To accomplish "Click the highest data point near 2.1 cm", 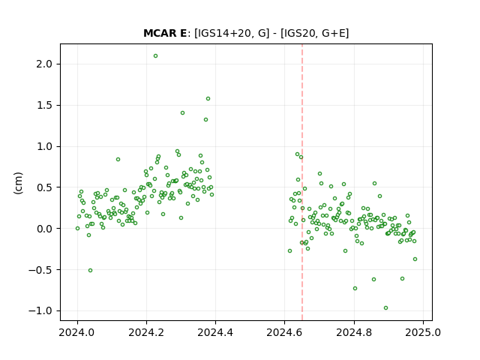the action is (x=155, y=56).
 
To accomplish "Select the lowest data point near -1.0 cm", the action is (x=385, y=308).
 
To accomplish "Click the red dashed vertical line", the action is (x=302, y=182).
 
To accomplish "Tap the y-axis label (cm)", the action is (x=18, y=183).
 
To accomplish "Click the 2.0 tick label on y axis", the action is (x=44, y=64).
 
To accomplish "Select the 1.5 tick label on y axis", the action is (x=44, y=105).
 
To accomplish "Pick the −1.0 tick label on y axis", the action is (x=40, y=311).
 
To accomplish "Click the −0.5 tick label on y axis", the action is (x=40, y=270).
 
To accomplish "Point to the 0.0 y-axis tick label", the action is (x=44, y=229).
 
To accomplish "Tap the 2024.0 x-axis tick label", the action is (x=77, y=333).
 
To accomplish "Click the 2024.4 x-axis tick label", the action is (x=215, y=333).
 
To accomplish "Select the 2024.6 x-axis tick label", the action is (x=284, y=333).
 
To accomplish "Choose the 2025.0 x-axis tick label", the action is (x=423, y=333).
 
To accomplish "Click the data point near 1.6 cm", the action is (x=208, y=99).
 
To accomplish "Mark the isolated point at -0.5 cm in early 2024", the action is (x=90, y=271).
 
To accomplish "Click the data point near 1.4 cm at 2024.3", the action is (x=182, y=113).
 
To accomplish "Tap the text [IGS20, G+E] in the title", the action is (x=314, y=33).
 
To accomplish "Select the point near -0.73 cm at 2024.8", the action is (x=355, y=288).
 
